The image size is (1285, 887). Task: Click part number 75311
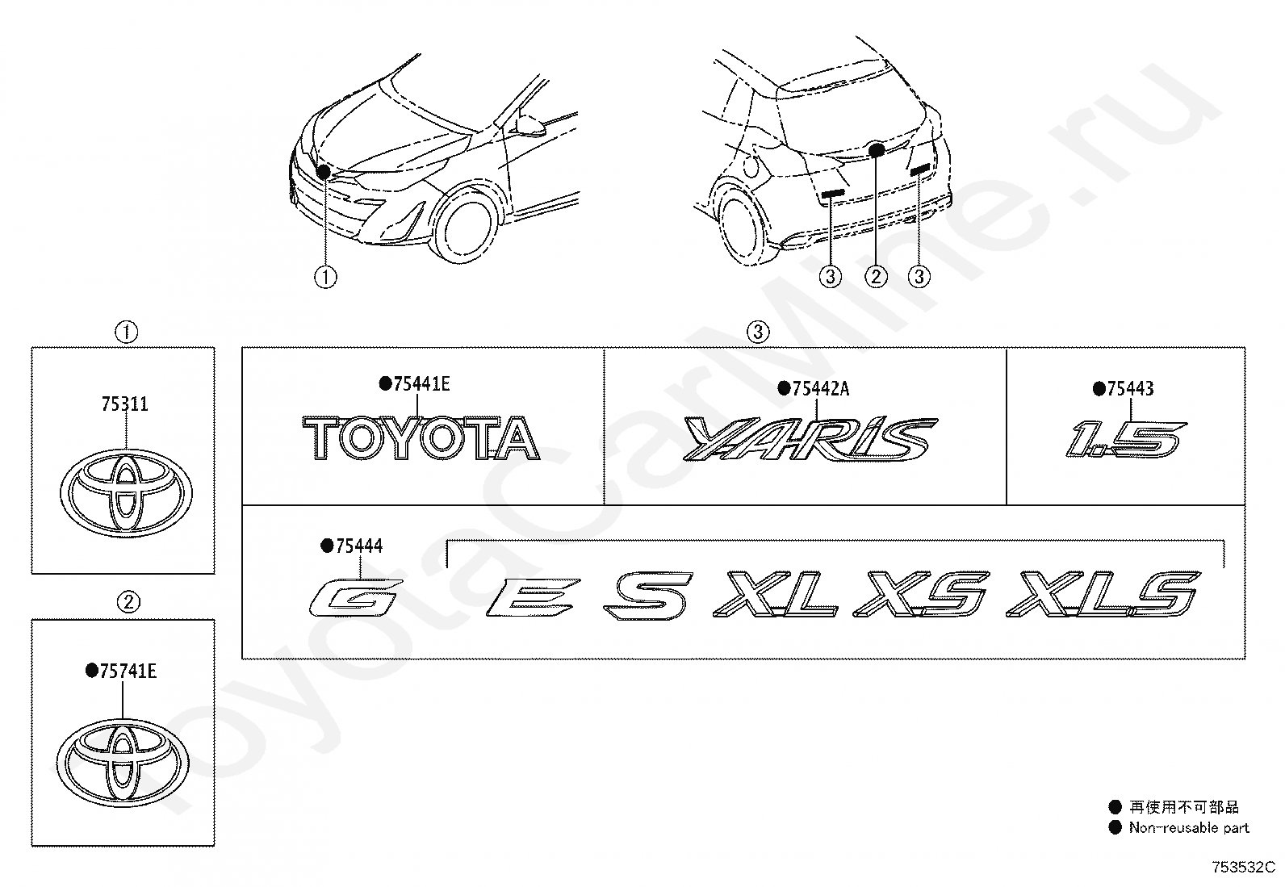[124, 404]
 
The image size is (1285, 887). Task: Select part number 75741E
[128, 671]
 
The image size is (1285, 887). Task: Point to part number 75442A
[820, 389]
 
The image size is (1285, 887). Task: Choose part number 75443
[1129, 389]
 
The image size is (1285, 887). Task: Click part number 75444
[358, 546]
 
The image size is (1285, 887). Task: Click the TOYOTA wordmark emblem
[420, 438]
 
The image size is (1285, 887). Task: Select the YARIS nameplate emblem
[810, 439]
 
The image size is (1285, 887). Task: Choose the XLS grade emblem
[1103, 596]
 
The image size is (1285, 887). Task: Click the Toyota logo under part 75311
[125, 492]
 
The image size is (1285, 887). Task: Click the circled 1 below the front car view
[325, 277]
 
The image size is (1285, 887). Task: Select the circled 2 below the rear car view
[876, 277]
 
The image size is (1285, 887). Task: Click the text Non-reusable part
[1188, 827]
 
